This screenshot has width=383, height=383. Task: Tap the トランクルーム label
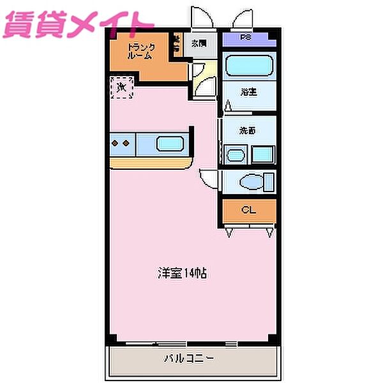[x=140, y=50]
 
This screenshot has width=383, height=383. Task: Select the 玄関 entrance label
[x=199, y=43]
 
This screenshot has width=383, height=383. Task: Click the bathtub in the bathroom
[x=250, y=66]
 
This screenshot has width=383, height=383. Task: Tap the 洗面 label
[x=248, y=131]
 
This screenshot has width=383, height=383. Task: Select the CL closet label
[x=248, y=210]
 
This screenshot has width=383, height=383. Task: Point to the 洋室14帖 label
[x=183, y=273]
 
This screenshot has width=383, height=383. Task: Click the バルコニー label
[x=191, y=358]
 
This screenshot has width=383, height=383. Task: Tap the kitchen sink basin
[x=170, y=144]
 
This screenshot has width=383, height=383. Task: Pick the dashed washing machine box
[x=121, y=87]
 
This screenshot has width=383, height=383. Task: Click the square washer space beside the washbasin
[x=262, y=154]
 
